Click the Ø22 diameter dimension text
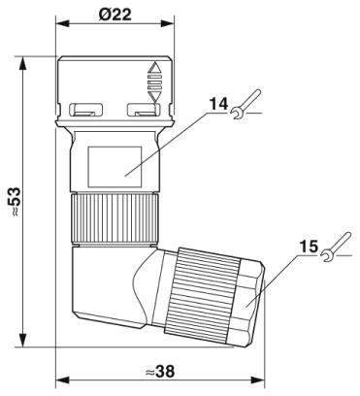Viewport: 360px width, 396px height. click(x=115, y=15)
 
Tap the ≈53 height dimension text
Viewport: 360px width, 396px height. click(x=16, y=201)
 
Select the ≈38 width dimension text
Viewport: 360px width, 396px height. click(x=159, y=372)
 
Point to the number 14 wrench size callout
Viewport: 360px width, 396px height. click(x=218, y=104)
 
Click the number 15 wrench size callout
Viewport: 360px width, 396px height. click(x=309, y=247)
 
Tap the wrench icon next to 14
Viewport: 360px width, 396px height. click(x=245, y=104)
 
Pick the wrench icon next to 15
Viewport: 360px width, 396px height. click(x=336, y=247)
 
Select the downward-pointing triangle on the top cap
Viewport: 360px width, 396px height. click(x=153, y=97)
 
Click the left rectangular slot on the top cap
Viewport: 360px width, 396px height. click(x=86, y=110)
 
